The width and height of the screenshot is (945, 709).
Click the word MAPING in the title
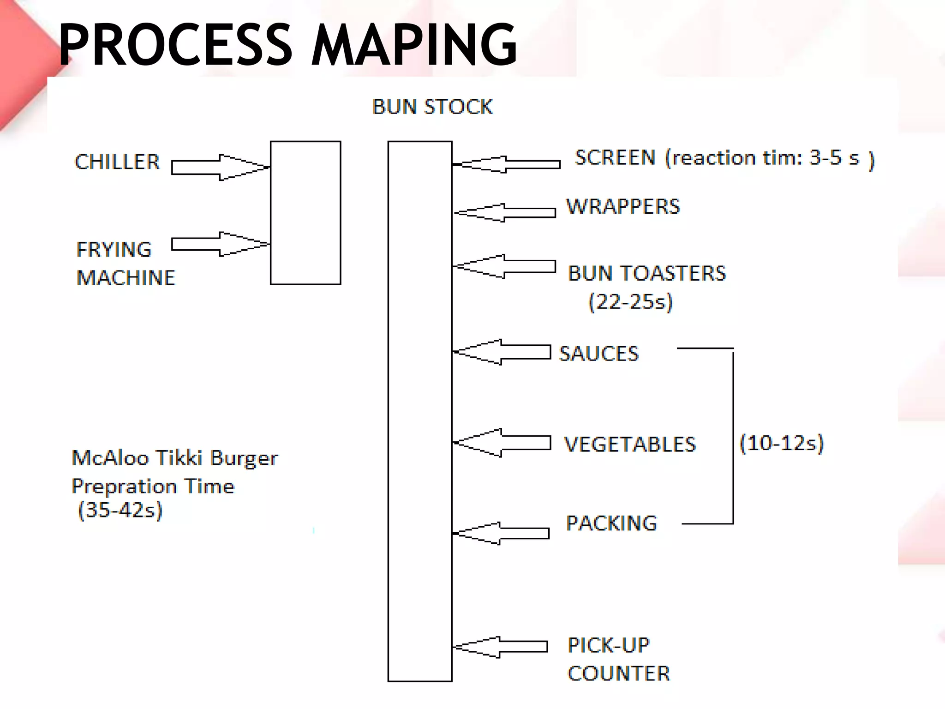(414, 45)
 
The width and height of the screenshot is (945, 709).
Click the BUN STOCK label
(432, 107)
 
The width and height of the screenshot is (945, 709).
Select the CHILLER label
(117, 162)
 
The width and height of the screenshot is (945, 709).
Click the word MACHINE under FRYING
(126, 278)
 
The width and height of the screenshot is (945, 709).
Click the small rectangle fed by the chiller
(305, 213)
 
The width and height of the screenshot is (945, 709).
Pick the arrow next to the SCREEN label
(508, 164)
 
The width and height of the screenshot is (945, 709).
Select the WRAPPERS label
(623, 206)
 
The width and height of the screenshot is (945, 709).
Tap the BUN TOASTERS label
(647, 273)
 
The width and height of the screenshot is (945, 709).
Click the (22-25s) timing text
(631, 302)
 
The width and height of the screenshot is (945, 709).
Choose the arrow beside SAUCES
(503, 352)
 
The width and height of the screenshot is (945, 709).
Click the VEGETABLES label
(630, 445)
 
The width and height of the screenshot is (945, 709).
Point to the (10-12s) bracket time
(782, 443)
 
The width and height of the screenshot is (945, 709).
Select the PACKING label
(612, 523)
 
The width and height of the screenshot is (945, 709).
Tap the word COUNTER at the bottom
(619, 674)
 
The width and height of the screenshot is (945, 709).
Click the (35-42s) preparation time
(120, 511)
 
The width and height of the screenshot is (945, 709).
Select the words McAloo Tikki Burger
(175, 458)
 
